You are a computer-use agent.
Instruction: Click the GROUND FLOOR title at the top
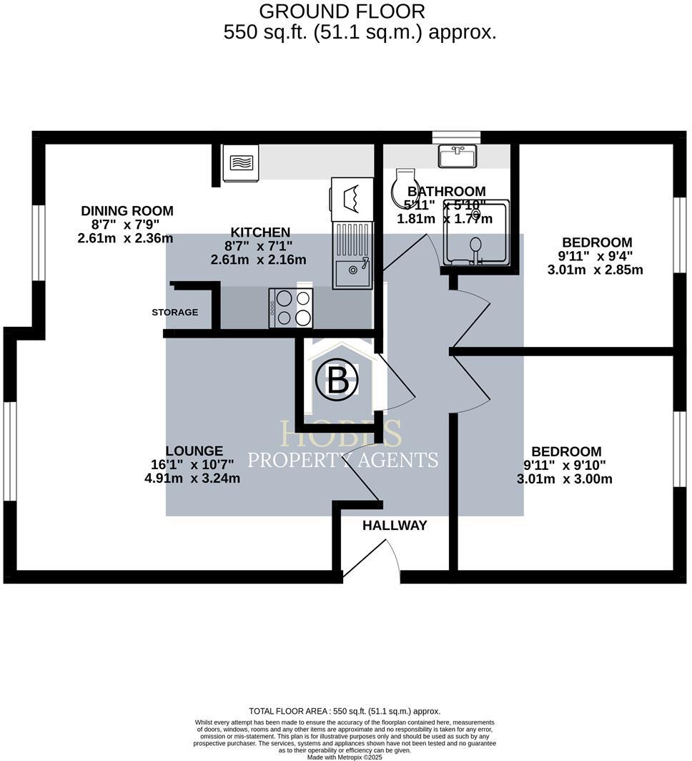point(342,11)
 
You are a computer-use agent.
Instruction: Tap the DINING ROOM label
point(127,211)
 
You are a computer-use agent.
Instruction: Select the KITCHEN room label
point(260,232)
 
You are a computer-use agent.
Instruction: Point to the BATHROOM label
point(446,192)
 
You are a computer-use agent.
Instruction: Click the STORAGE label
point(174,313)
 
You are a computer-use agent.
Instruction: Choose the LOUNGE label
point(194,451)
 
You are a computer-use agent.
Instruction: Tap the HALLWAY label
point(395,526)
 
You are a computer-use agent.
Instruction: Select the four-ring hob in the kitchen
point(291,308)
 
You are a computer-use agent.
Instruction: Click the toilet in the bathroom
point(405,187)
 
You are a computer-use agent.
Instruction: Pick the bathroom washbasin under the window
point(458,155)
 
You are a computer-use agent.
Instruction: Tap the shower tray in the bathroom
point(476,232)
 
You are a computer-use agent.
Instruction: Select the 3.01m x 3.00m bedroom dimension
point(565,478)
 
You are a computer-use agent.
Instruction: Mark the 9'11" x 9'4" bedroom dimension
point(596,256)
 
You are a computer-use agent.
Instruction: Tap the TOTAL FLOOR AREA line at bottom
point(345,712)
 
